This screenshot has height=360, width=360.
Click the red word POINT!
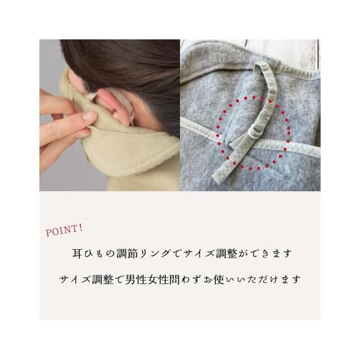(x=64, y=230)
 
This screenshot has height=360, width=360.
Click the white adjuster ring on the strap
(x=253, y=133)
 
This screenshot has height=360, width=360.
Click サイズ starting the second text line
(x=75, y=280)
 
